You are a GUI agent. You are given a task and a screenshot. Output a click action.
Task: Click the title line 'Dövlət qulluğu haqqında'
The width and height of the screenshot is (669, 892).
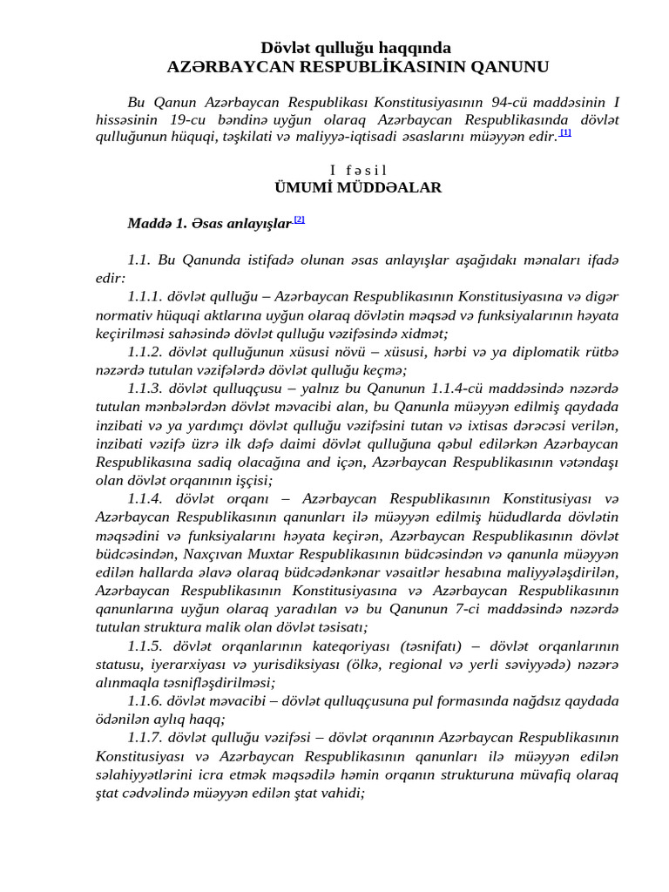tap(355, 48)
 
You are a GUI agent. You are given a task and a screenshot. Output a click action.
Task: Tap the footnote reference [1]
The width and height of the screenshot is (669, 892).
tap(565, 132)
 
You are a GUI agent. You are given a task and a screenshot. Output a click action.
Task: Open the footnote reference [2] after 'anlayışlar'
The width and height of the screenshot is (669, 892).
tap(299, 220)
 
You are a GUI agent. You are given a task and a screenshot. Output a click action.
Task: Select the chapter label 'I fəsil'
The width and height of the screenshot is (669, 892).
tap(358, 170)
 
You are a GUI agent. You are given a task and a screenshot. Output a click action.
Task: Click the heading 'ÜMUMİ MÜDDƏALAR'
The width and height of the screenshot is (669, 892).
tap(358, 187)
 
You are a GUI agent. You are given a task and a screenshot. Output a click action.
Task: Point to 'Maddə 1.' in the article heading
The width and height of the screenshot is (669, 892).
tap(157, 224)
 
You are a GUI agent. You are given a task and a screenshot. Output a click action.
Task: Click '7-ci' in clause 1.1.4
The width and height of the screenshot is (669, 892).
tap(471, 609)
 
